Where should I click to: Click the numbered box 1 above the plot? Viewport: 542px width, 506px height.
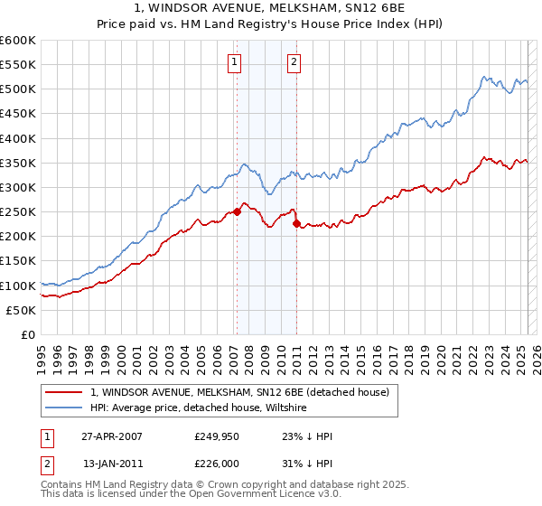(234, 62)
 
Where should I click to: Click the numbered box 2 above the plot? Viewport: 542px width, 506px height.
(294, 62)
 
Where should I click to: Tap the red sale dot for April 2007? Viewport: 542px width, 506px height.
(237, 211)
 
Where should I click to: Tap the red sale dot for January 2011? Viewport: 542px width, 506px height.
(296, 223)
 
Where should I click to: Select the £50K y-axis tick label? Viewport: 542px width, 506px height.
(21, 310)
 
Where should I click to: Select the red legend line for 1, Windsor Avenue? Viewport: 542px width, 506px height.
(63, 392)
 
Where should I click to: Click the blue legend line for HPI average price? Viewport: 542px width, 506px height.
(63, 408)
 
